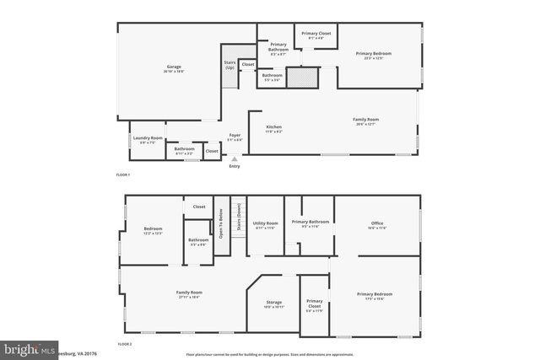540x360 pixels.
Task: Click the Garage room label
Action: pos(174,68)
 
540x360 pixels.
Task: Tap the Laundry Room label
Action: pos(146,139)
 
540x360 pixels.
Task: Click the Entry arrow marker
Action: pos(235,159)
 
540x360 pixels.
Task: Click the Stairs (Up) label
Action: pos(229,64)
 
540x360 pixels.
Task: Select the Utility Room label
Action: pos(266,225)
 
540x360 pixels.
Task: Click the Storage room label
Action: pos(274,303)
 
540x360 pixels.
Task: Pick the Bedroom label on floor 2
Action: pos(153,229)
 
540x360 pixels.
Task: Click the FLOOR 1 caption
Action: pos(123,175)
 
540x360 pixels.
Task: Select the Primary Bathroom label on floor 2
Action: pos(310,223)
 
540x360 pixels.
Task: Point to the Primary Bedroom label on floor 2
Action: pos(375,296)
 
